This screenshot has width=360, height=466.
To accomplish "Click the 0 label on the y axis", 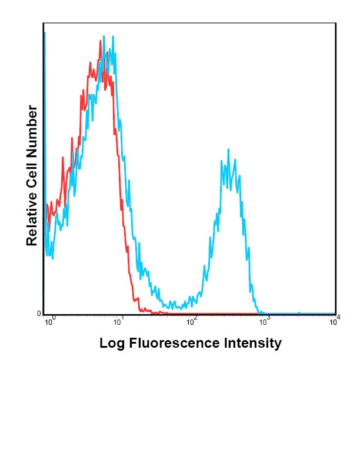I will click(39, 314).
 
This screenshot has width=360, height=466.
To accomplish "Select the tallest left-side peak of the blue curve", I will click(112, 36).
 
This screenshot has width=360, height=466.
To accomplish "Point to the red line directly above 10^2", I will click(191, 313).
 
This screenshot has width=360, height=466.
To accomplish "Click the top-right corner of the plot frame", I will click(336, 23).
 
